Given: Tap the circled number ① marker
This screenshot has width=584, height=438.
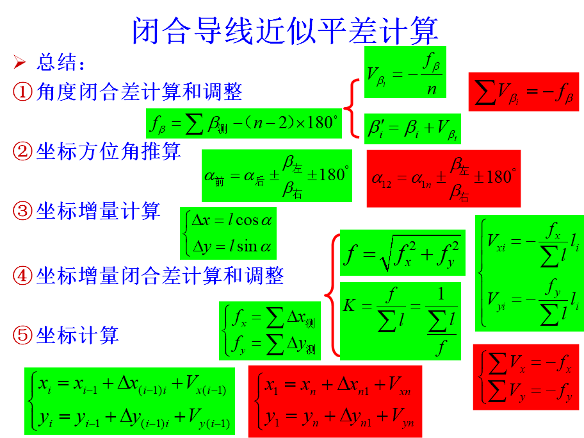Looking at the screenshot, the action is (x=23, y=92).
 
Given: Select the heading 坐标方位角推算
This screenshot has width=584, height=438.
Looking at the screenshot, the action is (x=108, y=151).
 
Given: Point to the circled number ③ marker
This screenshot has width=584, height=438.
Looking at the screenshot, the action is (x=23, y=212).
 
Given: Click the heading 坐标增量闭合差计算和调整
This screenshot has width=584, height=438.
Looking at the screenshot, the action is (x=159, y=276).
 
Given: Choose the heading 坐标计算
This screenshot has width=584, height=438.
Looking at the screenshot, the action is (x=77, y=335).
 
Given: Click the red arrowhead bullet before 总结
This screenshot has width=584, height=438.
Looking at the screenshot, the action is (x=20, y=62).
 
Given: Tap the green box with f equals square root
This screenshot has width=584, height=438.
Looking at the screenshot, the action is (x=400, y=253).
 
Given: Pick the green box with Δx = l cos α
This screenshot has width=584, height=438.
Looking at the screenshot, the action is (x=228, y=233).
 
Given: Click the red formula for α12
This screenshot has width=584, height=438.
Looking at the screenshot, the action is (x=443, y=178).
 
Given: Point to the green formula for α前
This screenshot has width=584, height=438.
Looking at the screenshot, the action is (x=277, y=175).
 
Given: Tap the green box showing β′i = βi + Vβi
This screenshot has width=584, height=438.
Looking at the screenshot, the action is (x=412, y=128).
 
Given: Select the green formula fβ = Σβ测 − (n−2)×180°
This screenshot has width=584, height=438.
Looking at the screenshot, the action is (x=243, y=123).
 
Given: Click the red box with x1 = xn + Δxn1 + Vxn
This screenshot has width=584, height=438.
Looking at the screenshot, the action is (x=335, y=400).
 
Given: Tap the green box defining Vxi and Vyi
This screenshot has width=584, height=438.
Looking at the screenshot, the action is (x=529, y=273).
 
